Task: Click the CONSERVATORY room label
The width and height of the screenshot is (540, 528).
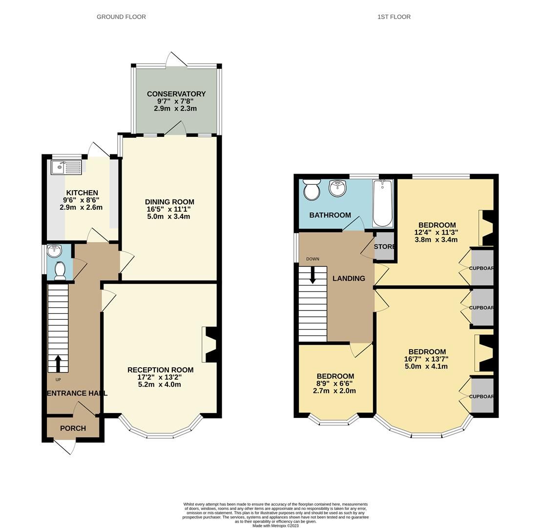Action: tap(176, 94)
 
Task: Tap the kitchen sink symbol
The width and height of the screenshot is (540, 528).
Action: tap(66, 167)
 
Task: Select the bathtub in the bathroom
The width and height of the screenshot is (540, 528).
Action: tap(382, 203)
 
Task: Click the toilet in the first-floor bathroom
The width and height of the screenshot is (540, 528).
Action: tap(311, 190)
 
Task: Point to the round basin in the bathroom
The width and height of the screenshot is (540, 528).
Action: tap(337, 188)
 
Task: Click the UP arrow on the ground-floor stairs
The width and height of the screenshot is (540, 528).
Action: tap(58, 364)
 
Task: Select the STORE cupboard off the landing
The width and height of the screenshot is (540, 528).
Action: tap(384, 246)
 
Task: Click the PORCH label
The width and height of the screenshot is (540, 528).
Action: tap(73, 428)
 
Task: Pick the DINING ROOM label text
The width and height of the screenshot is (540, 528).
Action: tap(169, 202)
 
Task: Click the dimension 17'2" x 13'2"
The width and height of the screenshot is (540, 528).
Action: tap(160, 377)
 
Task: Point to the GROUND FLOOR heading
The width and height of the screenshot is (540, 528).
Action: tap(121, 17)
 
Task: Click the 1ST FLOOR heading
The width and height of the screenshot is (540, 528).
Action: tap(394, 17)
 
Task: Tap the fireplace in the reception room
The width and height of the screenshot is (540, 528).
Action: tap(211, 345)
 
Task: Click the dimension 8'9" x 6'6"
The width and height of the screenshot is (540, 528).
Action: tap(335, 384)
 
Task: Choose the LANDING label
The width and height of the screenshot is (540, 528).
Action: tap(349, 278)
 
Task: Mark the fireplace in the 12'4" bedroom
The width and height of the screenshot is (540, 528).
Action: tap(487, 228)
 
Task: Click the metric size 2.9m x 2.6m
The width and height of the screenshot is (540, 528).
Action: tap(81, 207)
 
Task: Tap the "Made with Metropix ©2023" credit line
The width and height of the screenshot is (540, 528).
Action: tap(275, 526)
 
